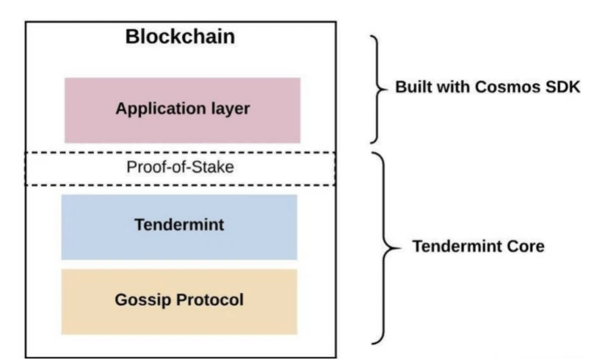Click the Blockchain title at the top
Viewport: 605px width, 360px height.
pyautogui.click(x=181, y=37)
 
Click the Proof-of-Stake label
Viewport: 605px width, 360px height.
pyautogui.click(x=180, y=167)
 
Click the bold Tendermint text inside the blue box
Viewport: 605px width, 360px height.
pyautogui.click(x=179, y=224)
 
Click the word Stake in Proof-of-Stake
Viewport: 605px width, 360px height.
pyautogui.click(x=214, y=167)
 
